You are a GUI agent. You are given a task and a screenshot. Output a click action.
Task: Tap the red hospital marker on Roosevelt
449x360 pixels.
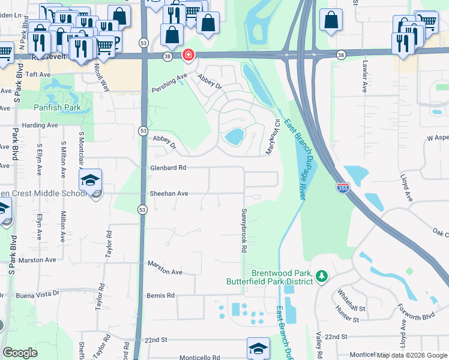(188, 55)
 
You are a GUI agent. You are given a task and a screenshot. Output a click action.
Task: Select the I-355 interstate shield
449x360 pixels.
(343, 188)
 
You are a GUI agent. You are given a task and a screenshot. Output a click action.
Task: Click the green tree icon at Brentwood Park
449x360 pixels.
(322, 276)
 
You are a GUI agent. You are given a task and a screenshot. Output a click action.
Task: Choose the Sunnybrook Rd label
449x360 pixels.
(244, 230)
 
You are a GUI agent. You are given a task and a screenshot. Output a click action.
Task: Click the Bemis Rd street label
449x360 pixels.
(160, 295)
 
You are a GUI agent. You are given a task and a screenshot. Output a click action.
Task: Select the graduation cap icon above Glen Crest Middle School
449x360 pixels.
(90, 180)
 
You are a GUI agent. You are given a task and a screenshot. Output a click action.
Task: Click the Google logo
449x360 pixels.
(20, 353)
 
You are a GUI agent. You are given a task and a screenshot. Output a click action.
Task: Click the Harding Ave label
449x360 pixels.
(40, 125)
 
